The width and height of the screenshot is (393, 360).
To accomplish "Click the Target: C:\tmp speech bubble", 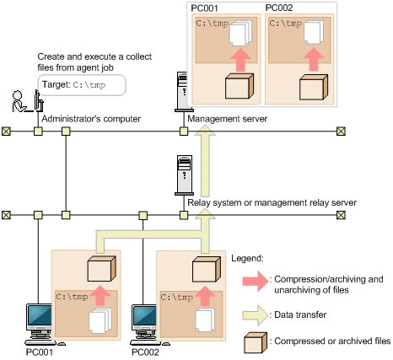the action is (82, 85).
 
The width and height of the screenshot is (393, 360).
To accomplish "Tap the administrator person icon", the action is (19, 101).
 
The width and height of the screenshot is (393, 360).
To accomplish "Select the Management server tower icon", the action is (182, 92).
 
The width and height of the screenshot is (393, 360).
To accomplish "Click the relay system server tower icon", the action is (184, 175).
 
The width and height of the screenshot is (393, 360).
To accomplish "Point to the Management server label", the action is (227, 119).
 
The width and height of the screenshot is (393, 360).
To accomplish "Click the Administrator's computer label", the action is (91, 119).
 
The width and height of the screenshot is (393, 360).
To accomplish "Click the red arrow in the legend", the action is (256, 281).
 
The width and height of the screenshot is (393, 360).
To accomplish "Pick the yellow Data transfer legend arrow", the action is (256, 315).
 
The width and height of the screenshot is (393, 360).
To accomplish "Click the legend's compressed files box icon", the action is (256, 343).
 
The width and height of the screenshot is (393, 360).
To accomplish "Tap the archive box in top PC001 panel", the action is (240, 86).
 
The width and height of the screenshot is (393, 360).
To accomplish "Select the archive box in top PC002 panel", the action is (314, 87).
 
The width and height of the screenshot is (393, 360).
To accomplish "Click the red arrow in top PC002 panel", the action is (314, 59).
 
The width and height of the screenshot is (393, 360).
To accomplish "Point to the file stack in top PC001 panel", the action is (240, 33).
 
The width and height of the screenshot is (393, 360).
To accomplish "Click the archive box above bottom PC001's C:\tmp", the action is (102, 268).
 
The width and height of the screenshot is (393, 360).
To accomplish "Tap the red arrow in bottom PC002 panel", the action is (205, 296).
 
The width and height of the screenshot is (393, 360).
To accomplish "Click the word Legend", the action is (247, 258).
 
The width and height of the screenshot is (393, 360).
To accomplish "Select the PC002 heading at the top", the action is (279, 8).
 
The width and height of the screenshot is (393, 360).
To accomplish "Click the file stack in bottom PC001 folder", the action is (100, 320).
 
